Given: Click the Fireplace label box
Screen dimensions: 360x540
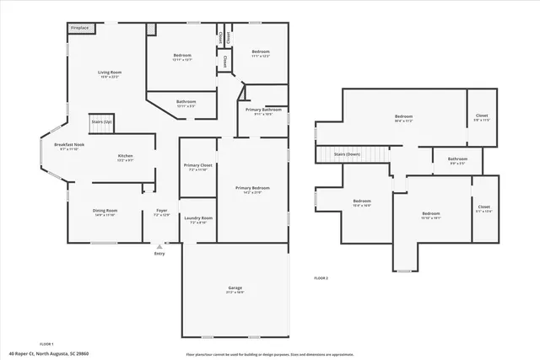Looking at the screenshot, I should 82,28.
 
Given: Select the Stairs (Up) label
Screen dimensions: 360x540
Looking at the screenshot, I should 101,121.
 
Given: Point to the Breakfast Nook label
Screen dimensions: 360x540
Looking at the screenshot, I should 69,146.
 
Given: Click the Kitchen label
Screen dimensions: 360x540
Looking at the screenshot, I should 125,157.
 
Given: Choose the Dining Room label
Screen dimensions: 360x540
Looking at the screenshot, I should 105,212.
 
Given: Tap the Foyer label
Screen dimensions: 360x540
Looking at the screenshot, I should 160,212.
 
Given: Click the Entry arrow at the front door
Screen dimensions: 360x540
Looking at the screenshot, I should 159,246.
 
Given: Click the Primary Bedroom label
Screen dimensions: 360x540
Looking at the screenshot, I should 252,189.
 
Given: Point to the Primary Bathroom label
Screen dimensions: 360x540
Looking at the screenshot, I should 263,111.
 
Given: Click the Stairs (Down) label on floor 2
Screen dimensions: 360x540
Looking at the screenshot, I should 348,154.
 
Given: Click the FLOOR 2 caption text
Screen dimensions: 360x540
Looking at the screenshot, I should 321,277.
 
